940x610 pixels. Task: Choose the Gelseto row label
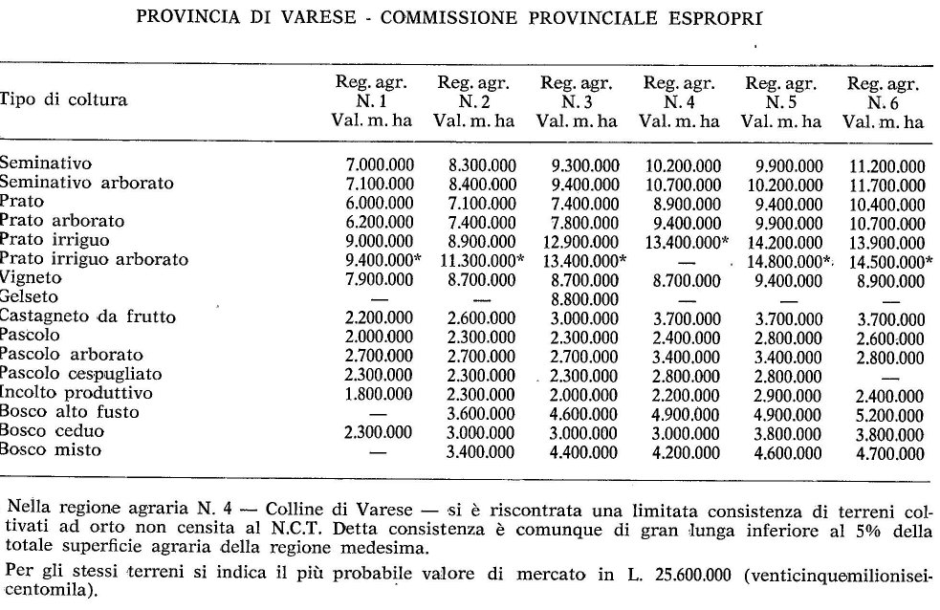click(x=30, y=297)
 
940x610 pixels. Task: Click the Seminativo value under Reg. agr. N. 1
click(x=380, y=164)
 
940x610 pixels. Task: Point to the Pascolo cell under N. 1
click(x=380, y=337)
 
